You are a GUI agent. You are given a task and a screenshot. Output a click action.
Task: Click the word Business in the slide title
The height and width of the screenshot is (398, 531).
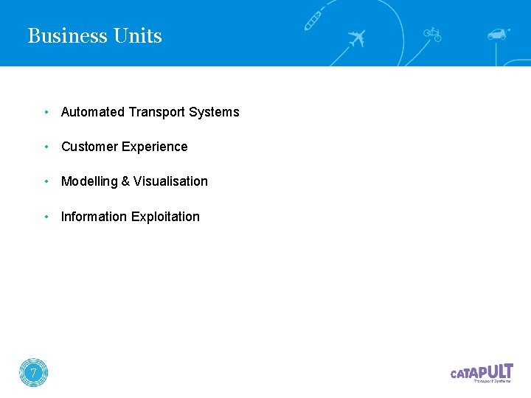(x=68, y=36)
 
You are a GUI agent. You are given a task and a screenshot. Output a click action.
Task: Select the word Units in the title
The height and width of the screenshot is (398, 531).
(x=138, y=36)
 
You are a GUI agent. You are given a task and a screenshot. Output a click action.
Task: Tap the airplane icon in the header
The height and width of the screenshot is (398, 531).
(x=356, y=38)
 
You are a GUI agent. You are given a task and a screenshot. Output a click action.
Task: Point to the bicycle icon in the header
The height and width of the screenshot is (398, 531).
(x=432, y=34)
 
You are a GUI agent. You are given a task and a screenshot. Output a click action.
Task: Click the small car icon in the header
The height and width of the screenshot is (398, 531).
(x=498, y=34)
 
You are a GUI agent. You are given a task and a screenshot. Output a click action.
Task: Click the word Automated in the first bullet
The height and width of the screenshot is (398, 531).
(x=93, y=112)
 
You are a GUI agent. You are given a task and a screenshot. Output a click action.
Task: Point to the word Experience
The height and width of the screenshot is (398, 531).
(x=155, y=147)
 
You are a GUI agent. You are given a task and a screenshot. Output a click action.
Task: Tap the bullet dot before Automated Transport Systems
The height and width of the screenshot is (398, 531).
(x=46, y=112)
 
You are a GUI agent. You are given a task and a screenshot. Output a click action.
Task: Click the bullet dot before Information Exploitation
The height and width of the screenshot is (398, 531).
(x=46, y=217)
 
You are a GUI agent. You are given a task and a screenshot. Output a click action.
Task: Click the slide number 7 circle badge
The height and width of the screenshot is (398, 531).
(x=33, y=373)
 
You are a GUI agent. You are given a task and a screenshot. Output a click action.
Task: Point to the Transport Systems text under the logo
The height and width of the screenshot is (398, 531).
(x=492, y=382)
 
